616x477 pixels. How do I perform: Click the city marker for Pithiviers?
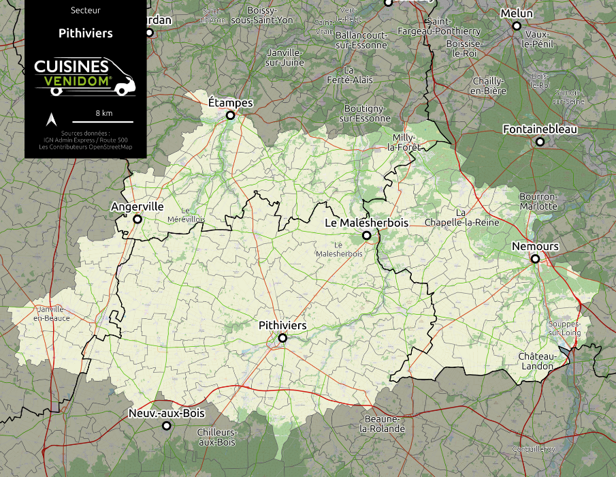click(282, 338)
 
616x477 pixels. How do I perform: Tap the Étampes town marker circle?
click(230, 116)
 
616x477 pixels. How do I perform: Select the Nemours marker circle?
click(535, 259)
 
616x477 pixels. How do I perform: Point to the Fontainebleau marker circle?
click(540, 142)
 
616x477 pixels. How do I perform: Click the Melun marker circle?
click(517, 26)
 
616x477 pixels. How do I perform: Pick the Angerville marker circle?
click(137, 219)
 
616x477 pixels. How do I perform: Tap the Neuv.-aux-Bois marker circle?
click(166, 426)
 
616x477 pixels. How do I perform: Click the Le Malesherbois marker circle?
click(366, 236)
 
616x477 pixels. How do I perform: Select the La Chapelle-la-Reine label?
click(461, 217)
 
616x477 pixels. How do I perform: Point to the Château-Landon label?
click(536, 361)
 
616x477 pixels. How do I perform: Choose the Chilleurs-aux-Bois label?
click(216, 437)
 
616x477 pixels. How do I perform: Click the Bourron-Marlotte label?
click(538, 201)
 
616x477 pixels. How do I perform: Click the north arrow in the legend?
click(50, 120)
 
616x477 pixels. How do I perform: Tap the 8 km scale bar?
click(103, 121)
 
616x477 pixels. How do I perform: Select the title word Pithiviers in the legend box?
click(85, 33)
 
